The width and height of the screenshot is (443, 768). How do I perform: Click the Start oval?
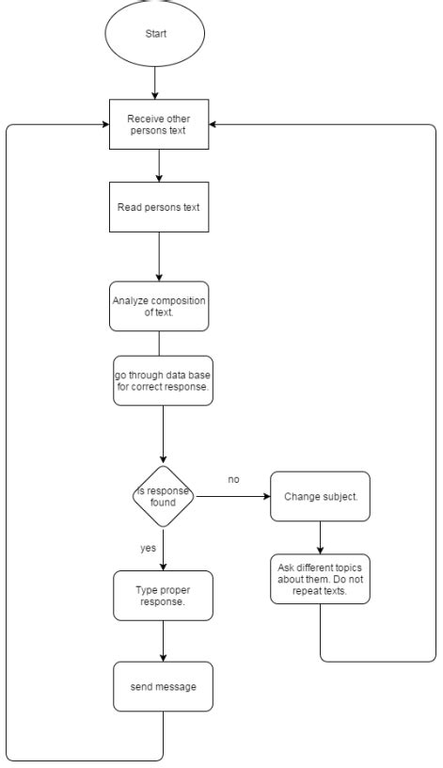(154, 33)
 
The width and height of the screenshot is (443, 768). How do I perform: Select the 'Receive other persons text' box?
(159, 124)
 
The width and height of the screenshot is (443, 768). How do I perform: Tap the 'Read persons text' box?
(159, 207)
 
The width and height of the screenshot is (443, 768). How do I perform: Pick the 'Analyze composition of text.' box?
(159, 306)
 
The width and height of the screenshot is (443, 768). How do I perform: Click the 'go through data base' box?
(163, 380)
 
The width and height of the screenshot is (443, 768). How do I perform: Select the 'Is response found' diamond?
(163, 496)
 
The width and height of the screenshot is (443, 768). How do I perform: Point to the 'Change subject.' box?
(320, 496)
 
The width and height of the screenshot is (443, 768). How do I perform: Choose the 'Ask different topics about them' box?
(320, 579)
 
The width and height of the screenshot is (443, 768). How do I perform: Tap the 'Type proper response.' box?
(163, 596)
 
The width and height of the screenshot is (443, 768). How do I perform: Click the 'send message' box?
(163, 687)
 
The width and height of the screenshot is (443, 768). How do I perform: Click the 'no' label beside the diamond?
(233, 479)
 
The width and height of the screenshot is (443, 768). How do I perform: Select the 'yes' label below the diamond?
(148, 548)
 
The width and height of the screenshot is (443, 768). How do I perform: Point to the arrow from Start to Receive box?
(154, 83)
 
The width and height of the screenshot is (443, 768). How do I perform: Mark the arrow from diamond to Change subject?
(232, 496)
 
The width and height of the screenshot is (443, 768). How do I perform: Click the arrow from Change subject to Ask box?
(320, 537)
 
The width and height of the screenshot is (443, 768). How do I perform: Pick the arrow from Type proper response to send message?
(163, 641)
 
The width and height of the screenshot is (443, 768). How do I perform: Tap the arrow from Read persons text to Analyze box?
(159, 257)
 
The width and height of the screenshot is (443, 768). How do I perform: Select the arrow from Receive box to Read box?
(159, 166)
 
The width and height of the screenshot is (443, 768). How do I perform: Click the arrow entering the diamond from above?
(163, 435)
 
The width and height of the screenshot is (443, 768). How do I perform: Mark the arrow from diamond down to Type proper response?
(163, 549)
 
